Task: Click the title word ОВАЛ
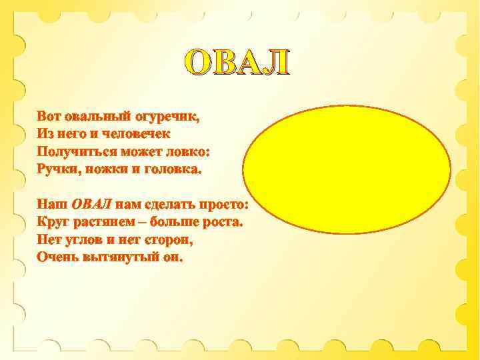238,63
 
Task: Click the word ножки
109,169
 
